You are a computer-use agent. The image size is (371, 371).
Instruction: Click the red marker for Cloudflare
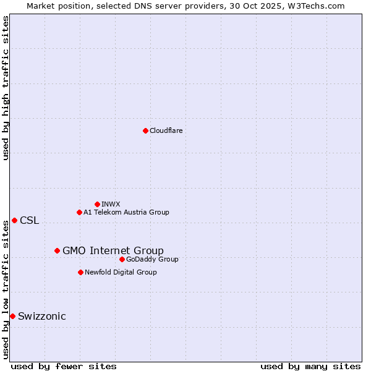click(145, 130)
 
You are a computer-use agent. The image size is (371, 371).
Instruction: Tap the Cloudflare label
click(166, 130)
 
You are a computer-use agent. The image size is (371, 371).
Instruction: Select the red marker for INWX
click(97, 204)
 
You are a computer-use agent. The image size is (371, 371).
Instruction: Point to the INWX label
click(111, 204)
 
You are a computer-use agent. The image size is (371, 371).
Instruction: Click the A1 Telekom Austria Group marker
click(79, 212)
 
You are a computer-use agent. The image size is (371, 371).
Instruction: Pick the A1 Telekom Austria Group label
click(126, 212)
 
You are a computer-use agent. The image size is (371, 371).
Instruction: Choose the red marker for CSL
click(14, 220)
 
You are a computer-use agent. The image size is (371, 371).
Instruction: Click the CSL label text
click(29, 221)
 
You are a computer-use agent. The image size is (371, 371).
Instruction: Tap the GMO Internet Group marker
click(57, 250)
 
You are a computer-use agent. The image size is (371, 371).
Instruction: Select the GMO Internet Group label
click(113, 250)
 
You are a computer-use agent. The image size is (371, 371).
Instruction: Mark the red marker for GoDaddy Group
click(122, 259)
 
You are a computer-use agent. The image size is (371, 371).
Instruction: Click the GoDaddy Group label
click(152, 259)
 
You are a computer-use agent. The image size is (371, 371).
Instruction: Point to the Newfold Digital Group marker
click(80, 272)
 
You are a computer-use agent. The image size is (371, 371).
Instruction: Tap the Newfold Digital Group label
click(121, 272)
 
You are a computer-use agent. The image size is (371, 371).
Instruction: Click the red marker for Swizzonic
click(12, 316)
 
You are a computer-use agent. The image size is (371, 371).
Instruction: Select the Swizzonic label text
click(42, 317)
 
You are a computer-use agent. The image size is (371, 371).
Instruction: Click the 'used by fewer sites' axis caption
click(64, 366)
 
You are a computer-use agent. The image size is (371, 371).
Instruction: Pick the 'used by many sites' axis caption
click(310, 366)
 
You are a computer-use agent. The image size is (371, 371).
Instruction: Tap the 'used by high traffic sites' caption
click(6, 88)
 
